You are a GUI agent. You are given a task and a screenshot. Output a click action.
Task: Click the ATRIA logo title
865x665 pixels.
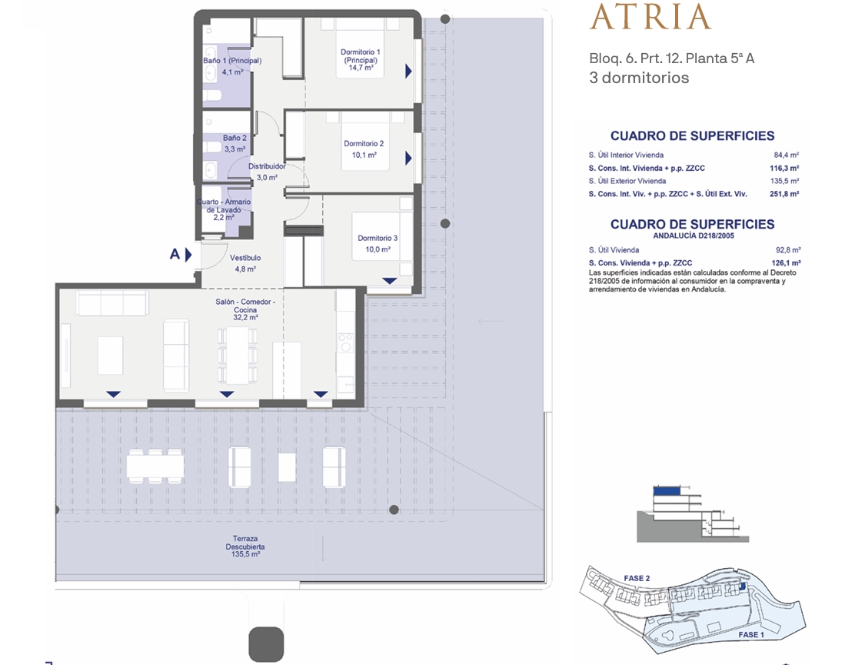point(650,17)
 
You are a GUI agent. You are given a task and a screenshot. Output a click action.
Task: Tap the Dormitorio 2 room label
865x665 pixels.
point(364,144)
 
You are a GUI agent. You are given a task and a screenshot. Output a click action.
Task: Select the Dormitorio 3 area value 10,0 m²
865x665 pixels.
point(378,249)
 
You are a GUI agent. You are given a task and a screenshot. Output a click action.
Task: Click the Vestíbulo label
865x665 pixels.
point(245,258)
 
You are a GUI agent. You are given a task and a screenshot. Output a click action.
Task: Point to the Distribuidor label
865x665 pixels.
point(267,166)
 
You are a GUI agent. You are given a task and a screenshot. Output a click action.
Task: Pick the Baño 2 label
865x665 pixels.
point(235,138)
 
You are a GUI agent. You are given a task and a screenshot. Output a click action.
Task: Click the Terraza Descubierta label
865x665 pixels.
point(245,543)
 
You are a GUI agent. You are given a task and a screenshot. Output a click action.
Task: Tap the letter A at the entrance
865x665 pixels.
point(175,254)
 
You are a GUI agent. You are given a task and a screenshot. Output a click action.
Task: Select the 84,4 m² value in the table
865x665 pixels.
point(786,155)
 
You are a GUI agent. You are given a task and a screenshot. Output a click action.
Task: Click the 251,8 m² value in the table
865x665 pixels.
point(784,194)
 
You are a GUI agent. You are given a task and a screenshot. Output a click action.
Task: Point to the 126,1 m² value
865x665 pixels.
point(786,263)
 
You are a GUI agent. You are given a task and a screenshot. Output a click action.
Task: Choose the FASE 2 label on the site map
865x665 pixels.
point(637,578)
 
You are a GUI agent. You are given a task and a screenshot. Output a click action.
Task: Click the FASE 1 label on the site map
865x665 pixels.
point(751,635)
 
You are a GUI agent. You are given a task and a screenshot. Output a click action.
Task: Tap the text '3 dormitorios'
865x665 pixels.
point(639,78)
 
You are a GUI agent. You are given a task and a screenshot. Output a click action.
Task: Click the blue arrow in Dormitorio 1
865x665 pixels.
point(409,72)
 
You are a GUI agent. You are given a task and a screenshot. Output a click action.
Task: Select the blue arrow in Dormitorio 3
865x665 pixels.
point(390,281)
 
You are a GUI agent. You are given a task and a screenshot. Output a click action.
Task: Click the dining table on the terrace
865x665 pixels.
point(155,467)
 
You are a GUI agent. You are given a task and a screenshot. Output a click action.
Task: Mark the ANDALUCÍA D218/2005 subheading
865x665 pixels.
point(694,236)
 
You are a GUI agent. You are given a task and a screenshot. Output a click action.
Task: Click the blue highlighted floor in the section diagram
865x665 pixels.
point(667,490)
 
